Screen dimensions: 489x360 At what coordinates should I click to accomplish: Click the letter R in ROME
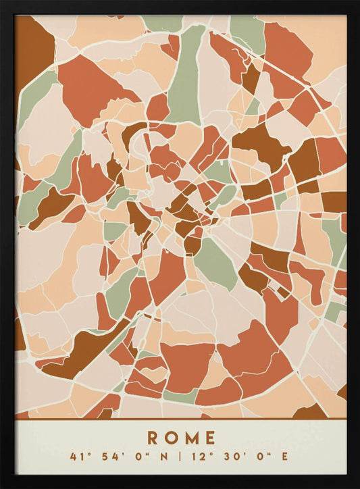pos(153,438)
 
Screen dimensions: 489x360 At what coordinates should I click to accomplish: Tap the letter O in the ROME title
pos(171,438)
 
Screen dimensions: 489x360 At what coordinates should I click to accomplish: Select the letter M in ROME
pos(191,438)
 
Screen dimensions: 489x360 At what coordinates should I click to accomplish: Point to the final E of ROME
pos(209,438)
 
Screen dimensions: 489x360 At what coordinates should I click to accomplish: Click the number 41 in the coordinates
pos(76,457)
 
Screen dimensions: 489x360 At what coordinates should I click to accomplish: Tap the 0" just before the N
pos(136,457)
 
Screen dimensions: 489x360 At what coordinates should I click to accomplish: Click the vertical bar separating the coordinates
pos(180,457)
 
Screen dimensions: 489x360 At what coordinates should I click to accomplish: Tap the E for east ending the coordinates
pos(284,457)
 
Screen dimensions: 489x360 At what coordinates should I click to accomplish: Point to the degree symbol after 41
pos(86,454)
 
